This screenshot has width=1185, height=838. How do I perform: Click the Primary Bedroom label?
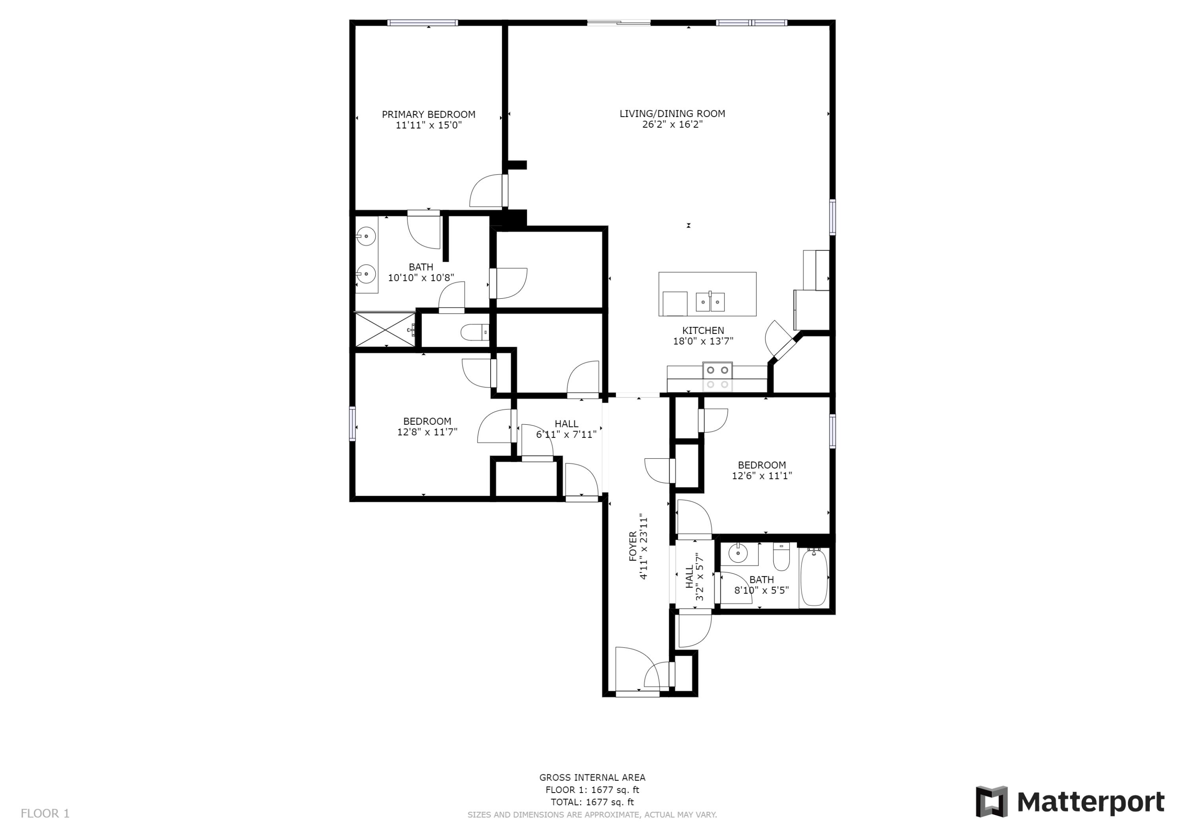click(428, 114)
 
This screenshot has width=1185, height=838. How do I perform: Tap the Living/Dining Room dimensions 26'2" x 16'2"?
click(672, 124)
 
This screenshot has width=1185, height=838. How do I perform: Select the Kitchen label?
click(703, 330)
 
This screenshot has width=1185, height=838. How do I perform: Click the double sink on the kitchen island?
click(710, 301)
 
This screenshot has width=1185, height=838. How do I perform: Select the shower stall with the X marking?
click(385, 330)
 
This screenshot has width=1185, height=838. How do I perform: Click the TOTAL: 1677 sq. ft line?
click(592, 802)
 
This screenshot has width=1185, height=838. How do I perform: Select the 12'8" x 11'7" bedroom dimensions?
click(427, 432)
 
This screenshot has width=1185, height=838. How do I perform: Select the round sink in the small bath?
click(738, 554)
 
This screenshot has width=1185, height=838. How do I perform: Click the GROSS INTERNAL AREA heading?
click(592, 777)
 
